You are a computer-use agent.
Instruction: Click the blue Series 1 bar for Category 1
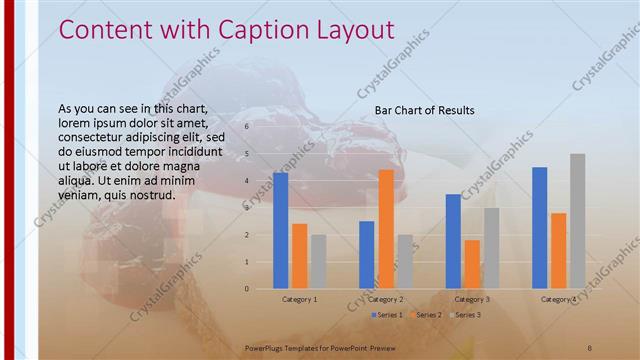[280, 231]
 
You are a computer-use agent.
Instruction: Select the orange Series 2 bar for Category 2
[385, 229]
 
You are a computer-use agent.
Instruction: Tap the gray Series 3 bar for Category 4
[577, 221]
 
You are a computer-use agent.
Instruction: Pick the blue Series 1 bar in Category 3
[453, 241]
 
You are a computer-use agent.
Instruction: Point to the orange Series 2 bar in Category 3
[472, 264]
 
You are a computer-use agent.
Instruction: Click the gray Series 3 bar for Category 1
[318, 262]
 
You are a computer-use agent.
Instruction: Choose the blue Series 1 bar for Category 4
[539, 228]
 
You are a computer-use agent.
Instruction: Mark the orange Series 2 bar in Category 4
[558, 251]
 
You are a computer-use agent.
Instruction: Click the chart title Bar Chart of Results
[424, 110]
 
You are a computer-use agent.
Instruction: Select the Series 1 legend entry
[387, 315]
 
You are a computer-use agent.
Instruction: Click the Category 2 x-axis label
[385, 300]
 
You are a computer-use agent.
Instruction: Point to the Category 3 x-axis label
[472, 300]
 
